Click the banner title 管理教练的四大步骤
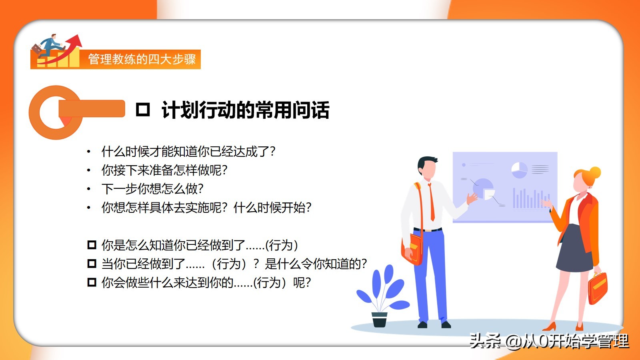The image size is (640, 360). (142, 59)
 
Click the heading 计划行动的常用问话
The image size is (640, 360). (246, 110)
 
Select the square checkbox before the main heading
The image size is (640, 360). (143, 110)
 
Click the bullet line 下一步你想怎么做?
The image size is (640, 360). (152, 189)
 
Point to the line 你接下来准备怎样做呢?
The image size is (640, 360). (164, 170)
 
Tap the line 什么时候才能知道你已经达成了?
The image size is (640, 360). (188, 152)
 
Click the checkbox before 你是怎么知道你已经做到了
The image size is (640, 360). (92, 245)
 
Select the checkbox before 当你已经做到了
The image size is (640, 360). (92, 264)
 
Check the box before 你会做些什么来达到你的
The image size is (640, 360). (92, 282)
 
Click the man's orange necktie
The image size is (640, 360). (432, 202)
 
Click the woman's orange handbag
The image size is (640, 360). (598, 288)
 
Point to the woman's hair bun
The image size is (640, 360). (595, 172)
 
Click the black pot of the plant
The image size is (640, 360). (380, 320)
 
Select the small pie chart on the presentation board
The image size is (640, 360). (519, 170)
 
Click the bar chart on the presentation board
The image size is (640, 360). (532, 198)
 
